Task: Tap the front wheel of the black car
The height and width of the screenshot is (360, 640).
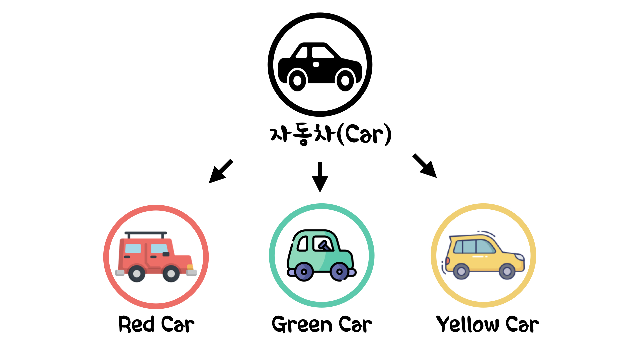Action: click(345, 80)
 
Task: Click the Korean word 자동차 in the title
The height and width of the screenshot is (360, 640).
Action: click(302, 134)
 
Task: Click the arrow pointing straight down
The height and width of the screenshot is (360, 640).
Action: click(320, 177)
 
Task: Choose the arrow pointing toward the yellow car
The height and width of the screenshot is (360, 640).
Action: click(425, 166)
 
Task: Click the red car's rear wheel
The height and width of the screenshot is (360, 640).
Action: click(137, 274)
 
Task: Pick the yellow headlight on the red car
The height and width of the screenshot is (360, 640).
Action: click(190, 267)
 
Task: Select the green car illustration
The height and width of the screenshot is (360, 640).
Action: click(321, 255)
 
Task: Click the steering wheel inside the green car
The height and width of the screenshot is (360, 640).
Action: click(323, 245)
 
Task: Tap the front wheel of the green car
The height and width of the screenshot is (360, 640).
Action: click(339, 272)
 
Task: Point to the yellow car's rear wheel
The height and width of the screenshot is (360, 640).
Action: click(461, 271)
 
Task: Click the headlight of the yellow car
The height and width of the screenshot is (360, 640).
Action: click(519, 257)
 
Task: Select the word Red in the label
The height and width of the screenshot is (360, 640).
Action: click(136, 324)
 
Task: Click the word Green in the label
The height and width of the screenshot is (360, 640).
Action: click(302, 324)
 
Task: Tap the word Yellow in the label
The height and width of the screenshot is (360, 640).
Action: click(468, 324)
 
